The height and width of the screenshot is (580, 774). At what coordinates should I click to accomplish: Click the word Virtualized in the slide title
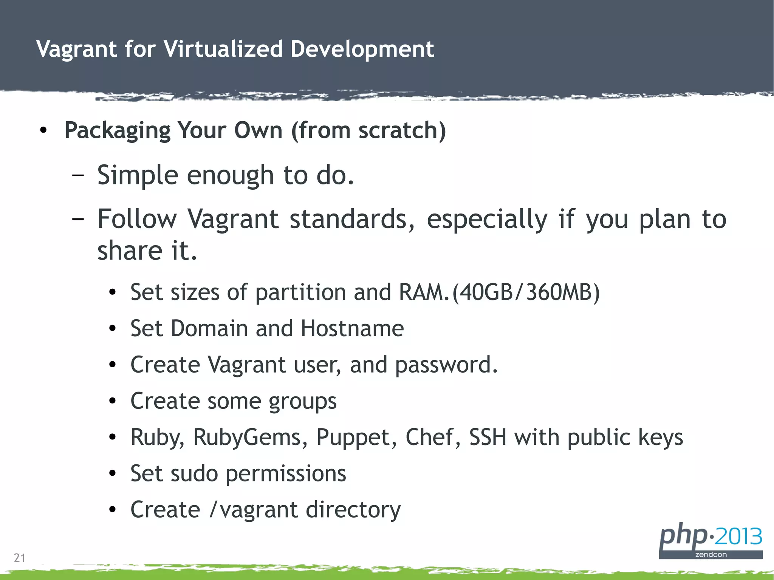pos(223,49)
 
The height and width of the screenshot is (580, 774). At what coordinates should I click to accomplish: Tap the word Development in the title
pos(362,49)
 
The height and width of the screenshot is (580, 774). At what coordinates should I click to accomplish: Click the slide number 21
pos(20,558)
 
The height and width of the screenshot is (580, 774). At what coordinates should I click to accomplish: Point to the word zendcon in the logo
pos(711,555)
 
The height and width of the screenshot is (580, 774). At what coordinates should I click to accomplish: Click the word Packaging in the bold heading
pos(118,131)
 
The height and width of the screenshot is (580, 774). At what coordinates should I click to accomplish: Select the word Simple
pos(138,175)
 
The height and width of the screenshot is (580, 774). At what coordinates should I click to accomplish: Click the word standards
pos(351,219)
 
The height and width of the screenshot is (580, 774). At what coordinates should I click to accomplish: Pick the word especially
pos(487,219)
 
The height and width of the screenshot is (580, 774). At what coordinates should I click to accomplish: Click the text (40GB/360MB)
pos(526,292)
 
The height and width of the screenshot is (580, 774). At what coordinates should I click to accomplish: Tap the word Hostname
pos(352,328)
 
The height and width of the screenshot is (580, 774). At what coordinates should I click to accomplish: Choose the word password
pos(446,365)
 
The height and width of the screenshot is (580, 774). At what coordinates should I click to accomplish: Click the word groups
pos(302,401)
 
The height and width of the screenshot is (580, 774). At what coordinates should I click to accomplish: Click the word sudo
pos(194,474)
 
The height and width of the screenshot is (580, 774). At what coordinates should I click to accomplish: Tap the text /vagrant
pos(253,510)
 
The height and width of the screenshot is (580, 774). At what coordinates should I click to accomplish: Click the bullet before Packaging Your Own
pos(43,131)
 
